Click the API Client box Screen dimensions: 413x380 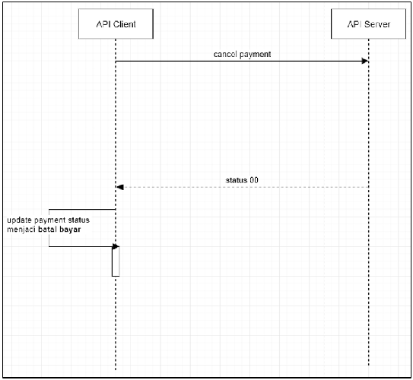[x=116, y=24]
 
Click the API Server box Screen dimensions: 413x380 [x=368, y=24]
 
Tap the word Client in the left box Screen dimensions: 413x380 [x=125, y=24]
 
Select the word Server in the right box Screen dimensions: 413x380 [x=377, y=24]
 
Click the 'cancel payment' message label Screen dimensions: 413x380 [x=242, y=55]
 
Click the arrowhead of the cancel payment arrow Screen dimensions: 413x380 [x=365, y=62]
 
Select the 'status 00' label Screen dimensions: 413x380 [x=242, y=180]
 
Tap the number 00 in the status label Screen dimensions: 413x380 [x=254, y=180]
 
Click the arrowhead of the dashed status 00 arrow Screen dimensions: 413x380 [x=120, y=187]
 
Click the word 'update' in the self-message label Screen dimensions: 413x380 [x=19, y=220]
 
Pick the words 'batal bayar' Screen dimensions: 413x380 [x=59, y=230]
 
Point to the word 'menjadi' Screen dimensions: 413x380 [x=21, y=230]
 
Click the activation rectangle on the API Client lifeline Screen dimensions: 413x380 [x=116, y=261]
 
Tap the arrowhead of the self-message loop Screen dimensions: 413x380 [x=116, y=246]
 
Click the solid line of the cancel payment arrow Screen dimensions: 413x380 [x=242, y=62]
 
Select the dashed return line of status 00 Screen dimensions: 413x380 [x=243, y=187]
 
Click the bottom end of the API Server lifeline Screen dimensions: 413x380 [x=368, y=366]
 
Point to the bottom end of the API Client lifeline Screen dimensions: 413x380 [x=116, y=370]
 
